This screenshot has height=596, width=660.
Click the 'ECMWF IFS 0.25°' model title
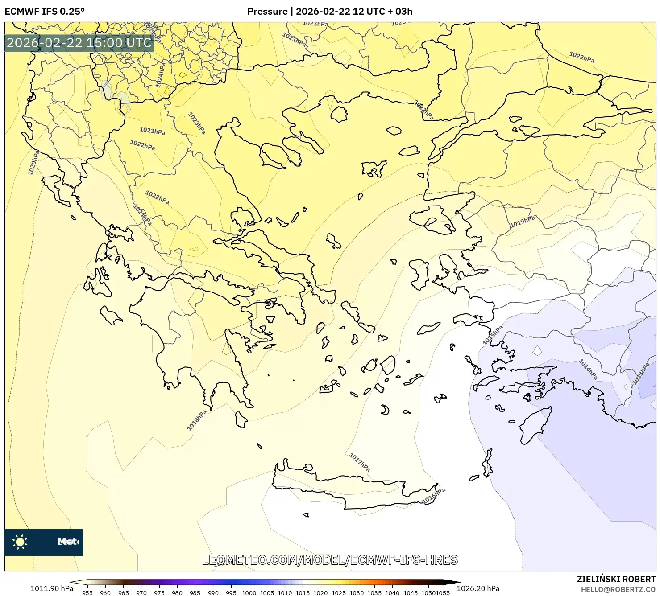click(45, 12)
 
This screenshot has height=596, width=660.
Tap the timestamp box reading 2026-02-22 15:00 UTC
click(79, 43)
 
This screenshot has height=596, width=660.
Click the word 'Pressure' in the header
click(267, 12)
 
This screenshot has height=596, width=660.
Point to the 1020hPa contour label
click(33, 162)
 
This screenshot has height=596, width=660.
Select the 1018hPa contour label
click(197, 420)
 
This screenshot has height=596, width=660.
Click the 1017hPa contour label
click(360, 462)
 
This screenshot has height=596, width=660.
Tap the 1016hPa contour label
click(434, 496)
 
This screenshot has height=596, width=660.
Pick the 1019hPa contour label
click(523, 222)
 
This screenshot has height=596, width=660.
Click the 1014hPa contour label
click(588, 369)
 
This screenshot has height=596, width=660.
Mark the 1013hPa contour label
click(641, 374)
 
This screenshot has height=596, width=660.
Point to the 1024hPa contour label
click(161, 74)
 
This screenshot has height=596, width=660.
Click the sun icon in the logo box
click(20, 542)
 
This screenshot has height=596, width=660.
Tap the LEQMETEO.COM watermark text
click(330, 560)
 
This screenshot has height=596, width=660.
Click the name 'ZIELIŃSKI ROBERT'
click(616, 579)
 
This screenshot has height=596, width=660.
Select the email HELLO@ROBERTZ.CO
click(618, 589)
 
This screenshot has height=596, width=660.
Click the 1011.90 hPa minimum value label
click(52, 588)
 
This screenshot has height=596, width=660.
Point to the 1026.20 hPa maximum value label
click(478, 588)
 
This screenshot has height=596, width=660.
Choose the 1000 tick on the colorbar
click(249, 593)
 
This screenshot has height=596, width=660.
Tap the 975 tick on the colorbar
click(159, 593)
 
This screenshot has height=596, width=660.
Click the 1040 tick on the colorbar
click(392, 593)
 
